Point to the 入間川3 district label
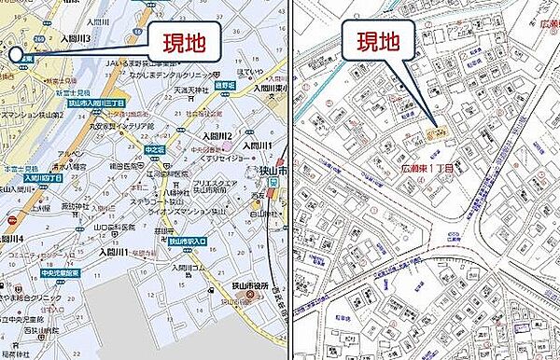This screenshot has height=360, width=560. [x=75, y=39]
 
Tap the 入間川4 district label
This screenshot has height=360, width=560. [x=18, y=239]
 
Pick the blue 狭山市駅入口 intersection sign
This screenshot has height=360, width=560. [x=188, y=241]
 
